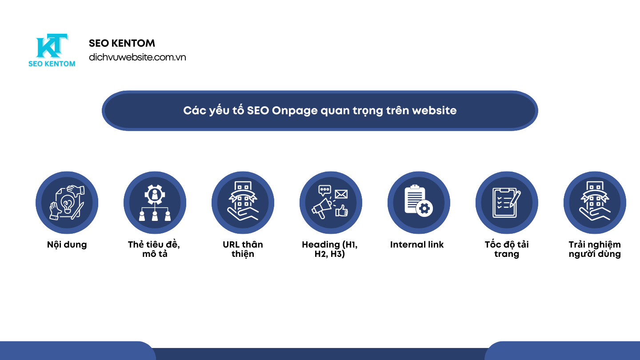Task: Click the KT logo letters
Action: pos(52,46)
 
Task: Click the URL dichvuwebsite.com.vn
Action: pos(137,57)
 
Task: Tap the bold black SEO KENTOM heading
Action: pos(122,43)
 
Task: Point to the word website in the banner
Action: pos(434,110)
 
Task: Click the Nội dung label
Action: pos(67,244)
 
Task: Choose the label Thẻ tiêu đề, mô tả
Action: pos(154,249)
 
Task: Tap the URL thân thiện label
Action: pos(243,249)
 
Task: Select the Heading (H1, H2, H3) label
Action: pos(330,249)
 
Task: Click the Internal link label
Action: pos(417,244)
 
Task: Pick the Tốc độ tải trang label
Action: pos(507,249)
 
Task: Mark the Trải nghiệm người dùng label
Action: pos(595,249)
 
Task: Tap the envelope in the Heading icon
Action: pos(341,194)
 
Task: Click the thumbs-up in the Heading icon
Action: pos(341,210)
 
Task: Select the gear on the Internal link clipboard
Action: pos(425,208)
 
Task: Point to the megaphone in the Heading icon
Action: pos(322,207)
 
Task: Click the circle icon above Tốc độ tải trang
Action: pos(507,203)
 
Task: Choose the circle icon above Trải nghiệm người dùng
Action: pos(595,203)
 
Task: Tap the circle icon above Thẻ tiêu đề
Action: pos(155,203)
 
